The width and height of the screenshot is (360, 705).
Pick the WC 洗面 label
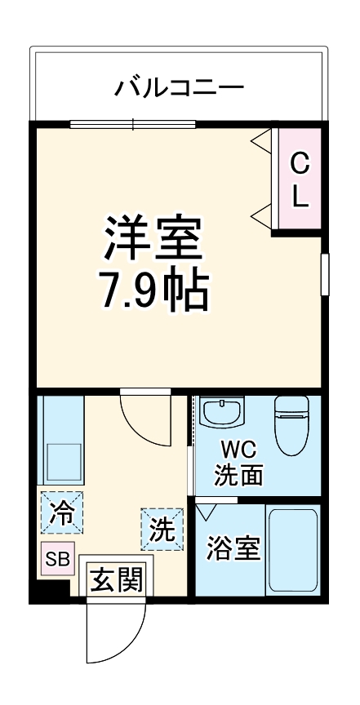tap(238, 463)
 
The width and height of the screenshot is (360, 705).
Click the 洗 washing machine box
tap(161, 530)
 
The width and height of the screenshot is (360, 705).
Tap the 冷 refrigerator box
tap(60, 514)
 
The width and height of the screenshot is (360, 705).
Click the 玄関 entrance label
tap(116, 580)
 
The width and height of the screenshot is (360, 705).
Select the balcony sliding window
tap(133, 124)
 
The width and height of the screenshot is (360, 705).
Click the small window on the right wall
tap(324, 274)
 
